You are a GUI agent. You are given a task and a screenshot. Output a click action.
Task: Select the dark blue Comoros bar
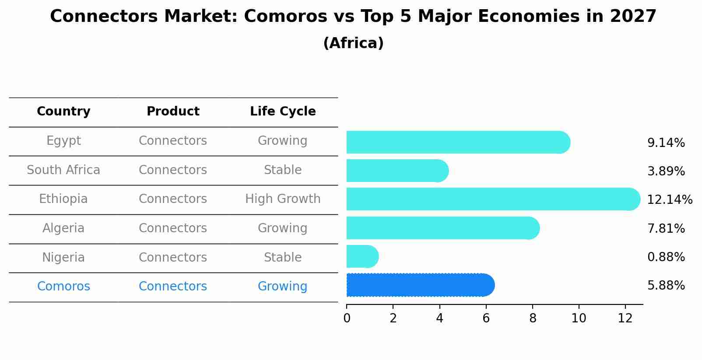pos(420,285)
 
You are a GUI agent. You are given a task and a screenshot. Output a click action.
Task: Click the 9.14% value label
pos(666,143)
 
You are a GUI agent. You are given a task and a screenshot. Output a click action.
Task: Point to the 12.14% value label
pos(669,200)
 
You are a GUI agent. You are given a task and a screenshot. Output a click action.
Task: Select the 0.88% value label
pos(666,257)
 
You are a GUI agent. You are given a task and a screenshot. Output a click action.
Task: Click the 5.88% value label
pos(666,286)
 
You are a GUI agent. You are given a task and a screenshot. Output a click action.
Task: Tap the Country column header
pos(63,112)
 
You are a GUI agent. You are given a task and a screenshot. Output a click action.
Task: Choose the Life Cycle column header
pos(283,112)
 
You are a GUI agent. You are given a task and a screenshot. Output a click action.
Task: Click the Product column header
pos(173,112)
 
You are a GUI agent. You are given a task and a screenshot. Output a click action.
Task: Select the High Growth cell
pos(283,199)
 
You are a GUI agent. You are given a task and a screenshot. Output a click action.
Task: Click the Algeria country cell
pos(63,228)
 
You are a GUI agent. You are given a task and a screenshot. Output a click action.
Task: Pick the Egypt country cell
pos(63,141)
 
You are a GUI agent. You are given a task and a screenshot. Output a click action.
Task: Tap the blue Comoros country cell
pos(63,287)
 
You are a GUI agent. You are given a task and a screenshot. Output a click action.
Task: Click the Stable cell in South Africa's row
pos(283,170)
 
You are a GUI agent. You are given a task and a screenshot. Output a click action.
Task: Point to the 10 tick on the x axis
pos(579,318)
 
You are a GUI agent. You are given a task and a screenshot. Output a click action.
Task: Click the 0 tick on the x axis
pos(347,318)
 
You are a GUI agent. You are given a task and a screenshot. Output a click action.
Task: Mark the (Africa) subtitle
pos(353,43)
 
